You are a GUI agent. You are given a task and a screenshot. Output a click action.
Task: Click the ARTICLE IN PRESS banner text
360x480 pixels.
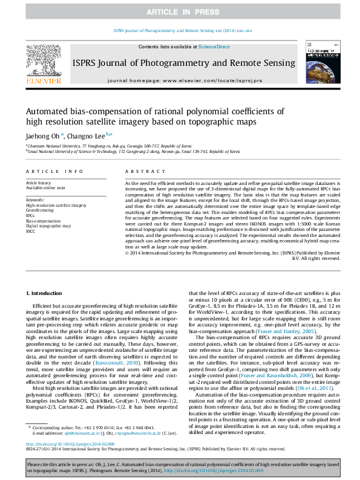click(x=179, y=11)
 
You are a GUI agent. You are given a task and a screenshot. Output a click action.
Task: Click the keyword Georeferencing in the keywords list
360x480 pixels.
click(x=39, y=210)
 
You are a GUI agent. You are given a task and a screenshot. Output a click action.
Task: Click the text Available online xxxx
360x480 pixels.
click(x=45, y=188)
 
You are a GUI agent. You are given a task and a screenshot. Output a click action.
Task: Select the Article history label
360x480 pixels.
click(x=39, y=182)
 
